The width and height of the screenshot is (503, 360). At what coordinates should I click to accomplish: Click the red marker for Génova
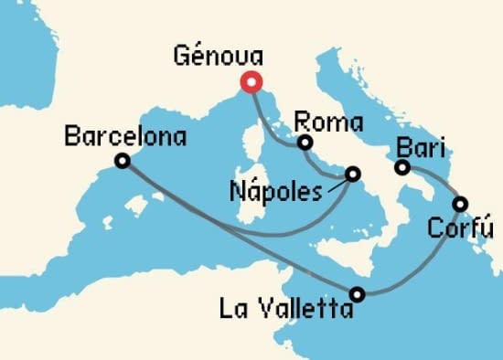pyautogui.click(x=250, y=83)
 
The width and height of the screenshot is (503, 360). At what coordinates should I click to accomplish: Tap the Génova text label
pyautogui.click(x=218, y=57)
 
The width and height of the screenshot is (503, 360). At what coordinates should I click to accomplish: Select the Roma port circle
pyautogui.click(x=305, y=143)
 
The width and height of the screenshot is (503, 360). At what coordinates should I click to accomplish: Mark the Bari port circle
pyautogui.click(x=401, y=167)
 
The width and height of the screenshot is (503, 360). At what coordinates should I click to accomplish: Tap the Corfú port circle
pyautogui.click(x=461, y=204)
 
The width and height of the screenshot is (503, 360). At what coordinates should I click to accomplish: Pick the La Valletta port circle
pyautogui.click(x=358, y=294)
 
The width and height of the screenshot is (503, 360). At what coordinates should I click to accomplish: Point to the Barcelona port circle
pyautogui.click(x=122, y=162)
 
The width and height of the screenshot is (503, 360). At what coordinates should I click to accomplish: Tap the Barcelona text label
pyautogui.click(x=126, y=138)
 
